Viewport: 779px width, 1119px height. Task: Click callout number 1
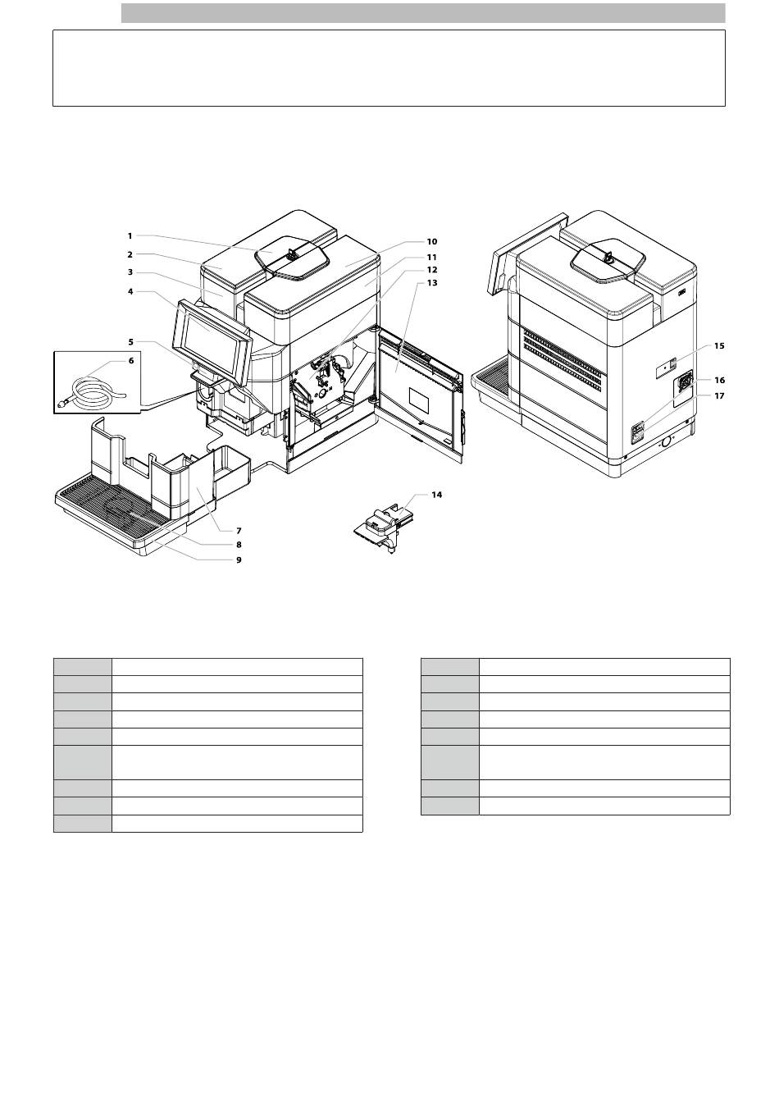coord(130,235)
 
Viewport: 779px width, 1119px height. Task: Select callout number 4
coord(130,291)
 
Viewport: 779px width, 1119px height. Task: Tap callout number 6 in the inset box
coord(131,360)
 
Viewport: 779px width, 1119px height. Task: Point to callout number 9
coord(239,560)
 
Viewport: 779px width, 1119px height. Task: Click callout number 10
coord(431,242)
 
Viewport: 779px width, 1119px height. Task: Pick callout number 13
coord(432,283)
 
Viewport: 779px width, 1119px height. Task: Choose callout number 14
coord(436,495)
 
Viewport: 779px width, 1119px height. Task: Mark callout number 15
coord(719,345)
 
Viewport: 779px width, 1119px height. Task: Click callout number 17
coord(720,395)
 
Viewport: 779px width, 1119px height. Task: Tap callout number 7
coord(239,531)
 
